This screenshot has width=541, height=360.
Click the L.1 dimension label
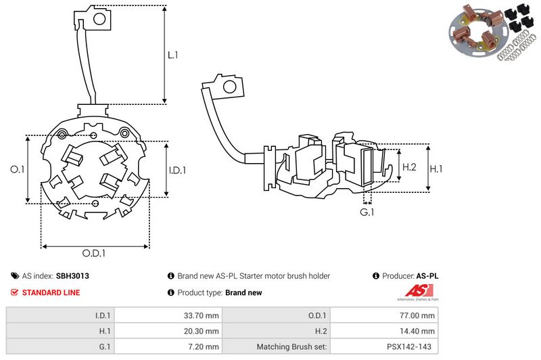tap(173, 55)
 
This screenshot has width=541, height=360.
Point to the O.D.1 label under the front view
tap(95, 253)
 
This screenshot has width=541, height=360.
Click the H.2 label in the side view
tap(409, 167)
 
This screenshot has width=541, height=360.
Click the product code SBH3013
tap(72, 276)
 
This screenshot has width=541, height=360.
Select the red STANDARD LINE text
tap(51, 292)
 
